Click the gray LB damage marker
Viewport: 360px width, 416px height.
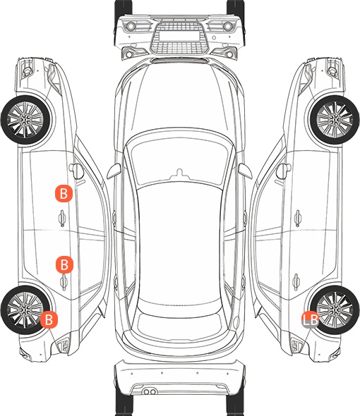pyautogui.click(x=310, y=319)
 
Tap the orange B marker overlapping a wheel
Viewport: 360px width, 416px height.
pyautogui.click(x=49, y=319)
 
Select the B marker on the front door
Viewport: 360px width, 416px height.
pyautogui.click(x=64, y=194)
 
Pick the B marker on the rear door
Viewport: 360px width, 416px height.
pyautogui.click(x=64, y=264)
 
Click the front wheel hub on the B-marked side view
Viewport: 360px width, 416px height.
pyautogui.click(x=26, y=120)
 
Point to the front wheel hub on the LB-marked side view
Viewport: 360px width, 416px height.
pyautogui.click(x=335, y=120)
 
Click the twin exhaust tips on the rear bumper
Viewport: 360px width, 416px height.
pyautogui.click(x=150, y=391)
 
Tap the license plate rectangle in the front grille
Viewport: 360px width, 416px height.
pyautogui.click(x=179, y=36)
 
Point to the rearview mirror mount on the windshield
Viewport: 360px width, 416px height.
pyautogui.click(x=179, y=173)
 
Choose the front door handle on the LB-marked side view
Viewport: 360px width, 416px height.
pyautogui.click(x=298, y=218)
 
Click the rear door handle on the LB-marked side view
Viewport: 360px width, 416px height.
pyautogui.click(x=296, y=282)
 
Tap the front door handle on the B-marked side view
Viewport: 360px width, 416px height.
pyautogui.click(x=62, y=218)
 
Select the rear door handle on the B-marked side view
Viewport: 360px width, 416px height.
pyautogui.click(x=64, y=282)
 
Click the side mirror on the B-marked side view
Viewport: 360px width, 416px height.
pyautogui.click(x=76, y=171)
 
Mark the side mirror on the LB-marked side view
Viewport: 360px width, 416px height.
pyautogui.click(x=284, y=171)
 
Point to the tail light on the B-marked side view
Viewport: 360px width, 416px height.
pyautogui.click(x=64, y=345)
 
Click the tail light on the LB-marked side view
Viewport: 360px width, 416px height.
pyautogui.click(x=296, y=345)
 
